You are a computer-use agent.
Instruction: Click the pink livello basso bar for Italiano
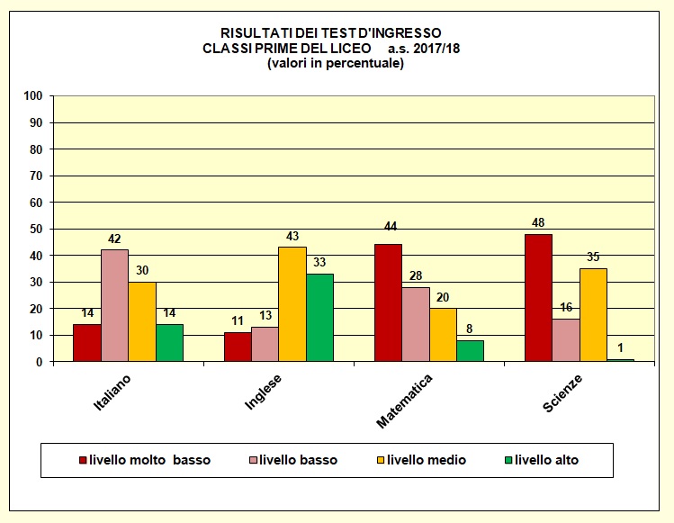[114, 305]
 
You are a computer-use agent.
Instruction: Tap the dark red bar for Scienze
[538, 297]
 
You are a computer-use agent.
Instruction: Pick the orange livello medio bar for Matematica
[443, 335]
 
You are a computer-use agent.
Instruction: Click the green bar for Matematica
[470, 350]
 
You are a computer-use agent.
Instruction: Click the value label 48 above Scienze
[538, 223]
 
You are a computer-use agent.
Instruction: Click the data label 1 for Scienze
[621, 349]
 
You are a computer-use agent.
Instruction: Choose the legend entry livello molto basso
[149, 460]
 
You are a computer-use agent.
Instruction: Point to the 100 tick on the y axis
[32, 95]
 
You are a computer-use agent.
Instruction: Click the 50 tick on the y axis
[35, 229]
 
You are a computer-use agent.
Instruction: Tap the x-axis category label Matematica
[405, 399]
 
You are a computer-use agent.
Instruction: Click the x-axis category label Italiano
[112, 393]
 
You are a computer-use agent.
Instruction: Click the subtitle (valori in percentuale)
[336, 63]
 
